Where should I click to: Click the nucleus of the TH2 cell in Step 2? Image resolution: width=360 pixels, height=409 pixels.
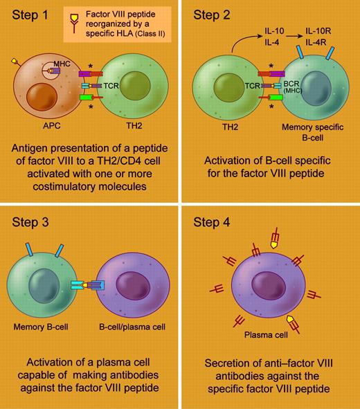click(x=220, y=90)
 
